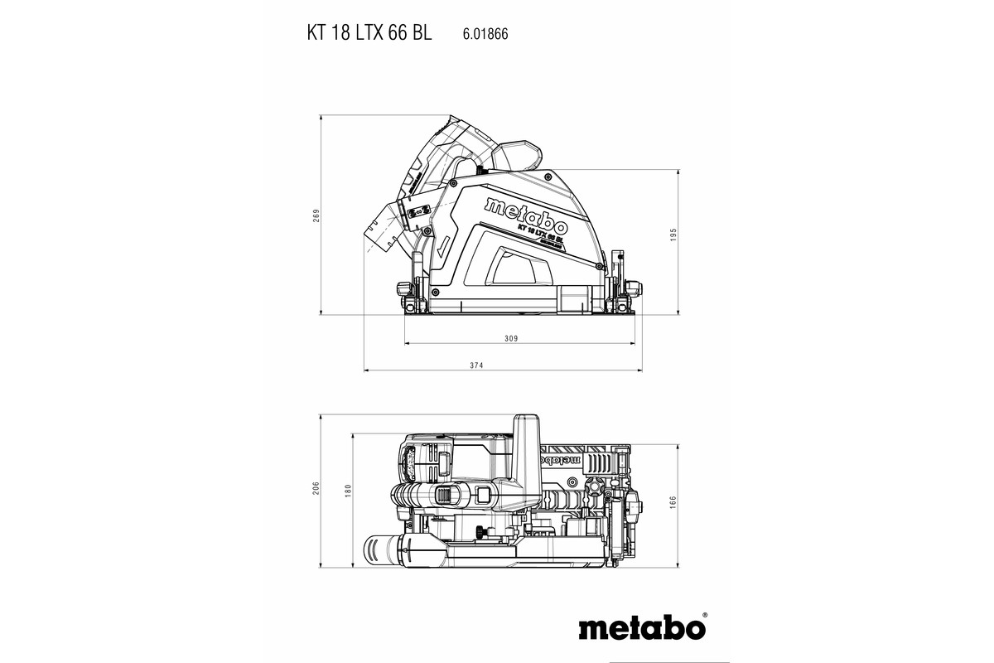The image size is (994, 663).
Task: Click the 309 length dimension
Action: tap(511, 338)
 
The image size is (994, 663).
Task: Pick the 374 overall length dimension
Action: tap(499, 365)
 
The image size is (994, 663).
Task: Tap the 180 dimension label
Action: tap(348, 491)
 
